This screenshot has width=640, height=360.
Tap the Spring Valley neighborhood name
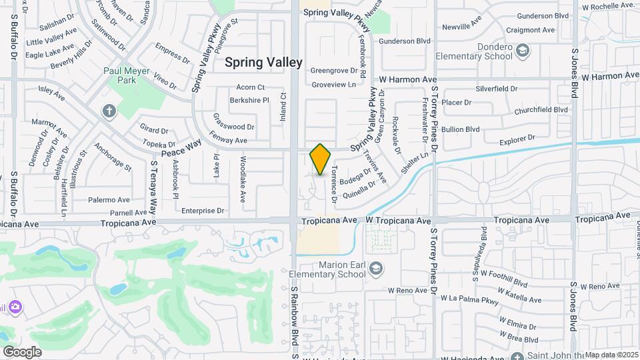pos(263,62)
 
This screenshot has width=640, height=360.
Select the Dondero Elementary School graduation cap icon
pos(523,50)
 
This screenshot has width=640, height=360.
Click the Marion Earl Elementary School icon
pos(376,268)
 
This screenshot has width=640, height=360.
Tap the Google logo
pos(22,351)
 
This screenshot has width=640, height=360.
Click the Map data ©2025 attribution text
pos(611,355)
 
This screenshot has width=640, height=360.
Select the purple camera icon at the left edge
pos(15,307)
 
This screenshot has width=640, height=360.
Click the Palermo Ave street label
pos(109,200)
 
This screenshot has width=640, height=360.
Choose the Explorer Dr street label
pos(517,142)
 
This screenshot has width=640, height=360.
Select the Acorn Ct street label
pos(251,87)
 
